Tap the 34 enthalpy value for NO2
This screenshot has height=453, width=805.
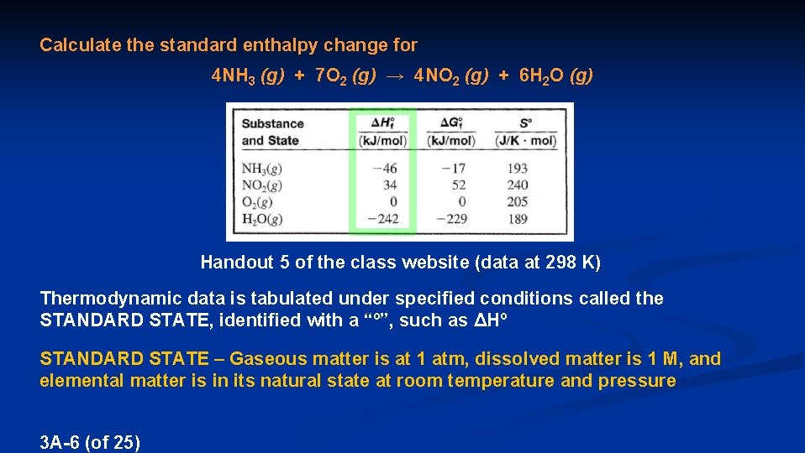pos(389,185)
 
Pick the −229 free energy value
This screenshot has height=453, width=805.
pos(450,219)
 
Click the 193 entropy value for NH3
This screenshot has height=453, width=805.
pos(518,168)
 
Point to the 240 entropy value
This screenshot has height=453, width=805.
pos(518,185)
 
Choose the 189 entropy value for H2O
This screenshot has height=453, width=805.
pos(518,219)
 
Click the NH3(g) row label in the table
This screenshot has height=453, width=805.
pos(261,168)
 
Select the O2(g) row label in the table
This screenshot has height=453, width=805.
pos(258,202)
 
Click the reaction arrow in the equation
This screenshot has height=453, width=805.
pos(395,76)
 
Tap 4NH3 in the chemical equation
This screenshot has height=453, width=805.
pos(233,76)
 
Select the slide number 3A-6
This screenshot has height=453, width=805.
pos(61,441)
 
